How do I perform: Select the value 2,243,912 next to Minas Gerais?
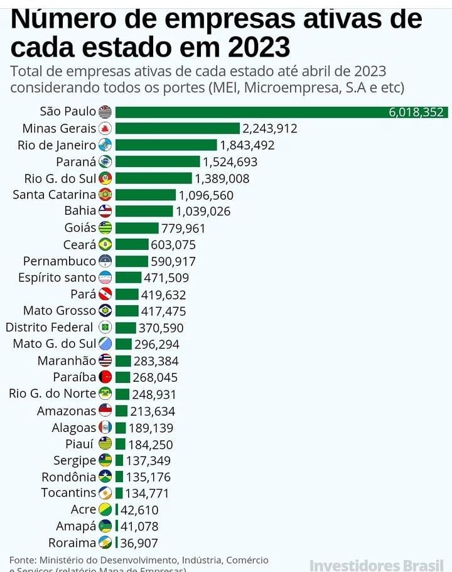coord(270,129)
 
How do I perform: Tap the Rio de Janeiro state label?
coord(59,145)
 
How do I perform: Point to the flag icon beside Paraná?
coord(105,161)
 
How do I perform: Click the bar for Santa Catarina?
coord(146,195)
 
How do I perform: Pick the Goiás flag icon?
coord(105,228)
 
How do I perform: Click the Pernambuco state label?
coord(60,261)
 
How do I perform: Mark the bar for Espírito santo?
coord(128,278)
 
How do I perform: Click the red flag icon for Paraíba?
coord(105,377)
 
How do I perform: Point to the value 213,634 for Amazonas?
coord(153,411)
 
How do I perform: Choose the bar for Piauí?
coord(120,444)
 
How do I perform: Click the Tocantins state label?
coord(68,493)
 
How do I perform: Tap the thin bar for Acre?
coord(116,510)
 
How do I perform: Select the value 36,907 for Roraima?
coord(139,543)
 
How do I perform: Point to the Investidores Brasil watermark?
coord(377,564)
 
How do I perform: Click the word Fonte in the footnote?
coord(23,559)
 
